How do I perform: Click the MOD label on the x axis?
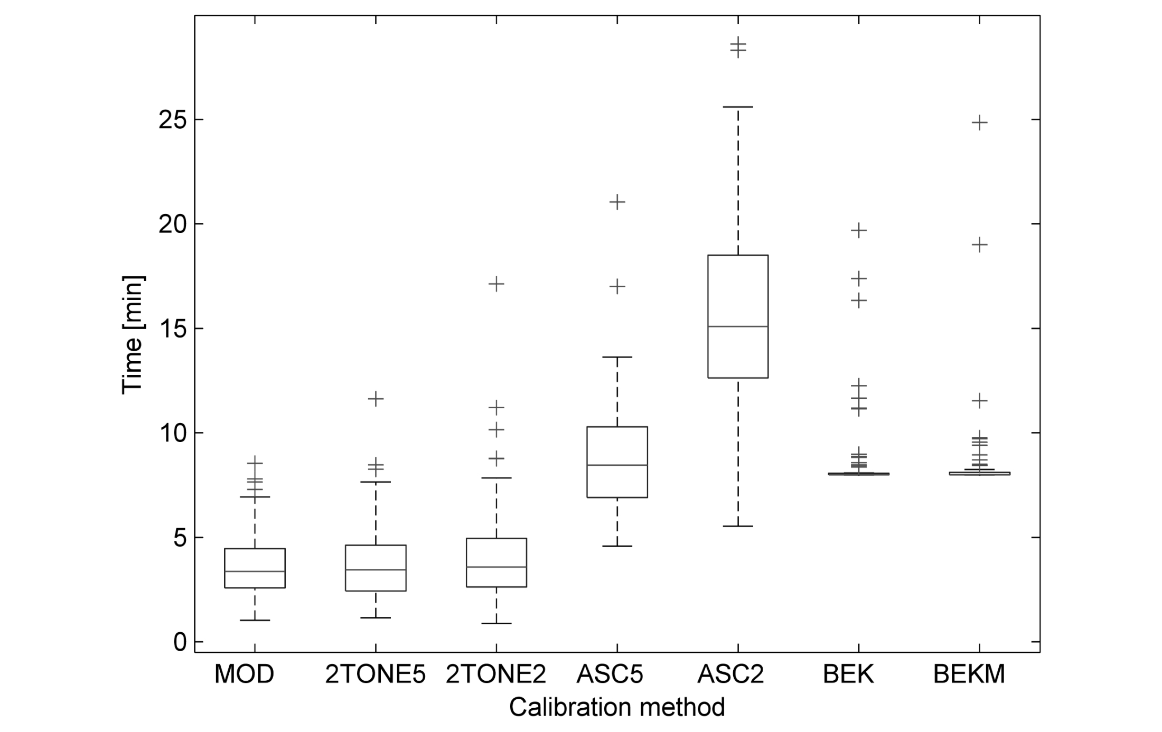point(244,674)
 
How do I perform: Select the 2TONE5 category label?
point(375,674)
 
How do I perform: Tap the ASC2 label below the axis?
point(730,674)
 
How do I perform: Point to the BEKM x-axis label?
point(969,674)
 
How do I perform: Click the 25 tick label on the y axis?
point(173,120)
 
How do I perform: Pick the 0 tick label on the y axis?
point(181,642)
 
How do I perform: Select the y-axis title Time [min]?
point(133,335)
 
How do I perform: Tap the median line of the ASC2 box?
point(738,326)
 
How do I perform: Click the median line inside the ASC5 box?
point(617,465)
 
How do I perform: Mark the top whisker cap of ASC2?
point(738,107)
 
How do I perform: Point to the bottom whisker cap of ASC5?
point(617,546)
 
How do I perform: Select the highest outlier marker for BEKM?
point(980,123)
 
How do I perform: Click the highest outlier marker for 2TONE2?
point(496,284)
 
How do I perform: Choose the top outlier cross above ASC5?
point(617,202)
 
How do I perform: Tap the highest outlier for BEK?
point(859,230)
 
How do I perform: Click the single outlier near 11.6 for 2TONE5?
point(376,399)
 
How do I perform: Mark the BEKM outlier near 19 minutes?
point(980,245)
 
